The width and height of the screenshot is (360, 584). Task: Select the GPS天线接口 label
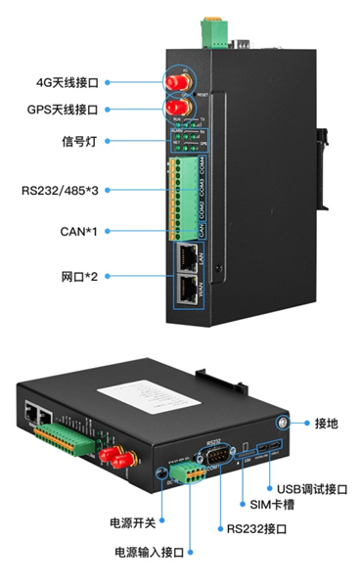66,111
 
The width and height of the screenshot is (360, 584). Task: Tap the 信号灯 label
78,140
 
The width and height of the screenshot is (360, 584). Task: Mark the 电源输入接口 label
150,553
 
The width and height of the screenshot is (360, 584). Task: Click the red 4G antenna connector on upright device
177,80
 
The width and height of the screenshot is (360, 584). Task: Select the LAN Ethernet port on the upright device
185,257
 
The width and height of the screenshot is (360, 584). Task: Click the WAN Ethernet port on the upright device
185,290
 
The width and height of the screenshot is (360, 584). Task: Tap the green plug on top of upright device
211,31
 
